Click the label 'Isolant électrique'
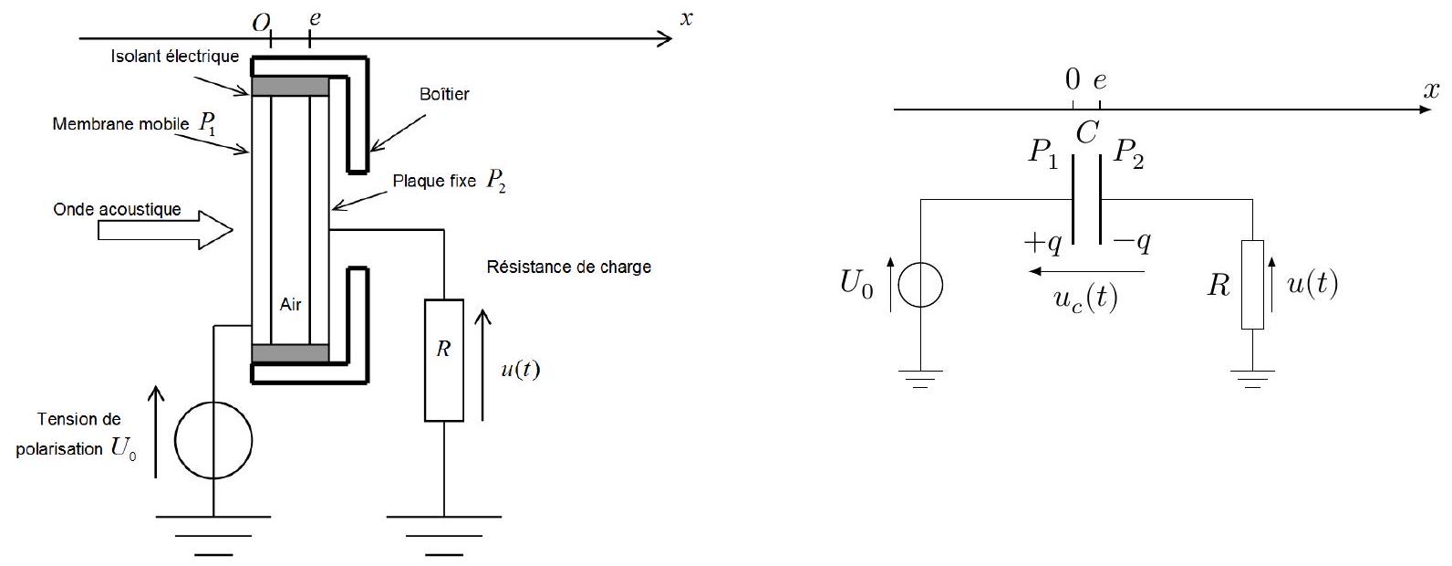tap(175, 57)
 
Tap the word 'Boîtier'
tap(444, 94)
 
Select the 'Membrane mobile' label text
tap(120, 124)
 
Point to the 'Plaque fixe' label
tap(433, 181)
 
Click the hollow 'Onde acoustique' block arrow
tap(165, 230)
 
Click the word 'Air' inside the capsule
tap(290, 304)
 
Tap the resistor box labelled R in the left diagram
tap(444, 361)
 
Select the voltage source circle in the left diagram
tap(213, 440)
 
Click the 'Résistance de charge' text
tap(568, 267)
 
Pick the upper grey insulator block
tap(290, 87)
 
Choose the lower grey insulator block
tap(290, 353)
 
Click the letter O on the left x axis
tap(261, 24)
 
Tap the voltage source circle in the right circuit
tap(920, 284)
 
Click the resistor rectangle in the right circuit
tap(1252, 285)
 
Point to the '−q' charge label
tap(1133, 243)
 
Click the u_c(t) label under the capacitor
tap(1085, 299)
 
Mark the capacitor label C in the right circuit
tap(1087, 133)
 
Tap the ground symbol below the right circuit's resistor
tap(1252, 379)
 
